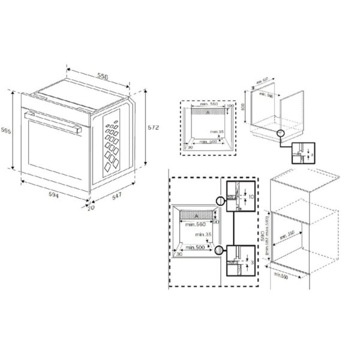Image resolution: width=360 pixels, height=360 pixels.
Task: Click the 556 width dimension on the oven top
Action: [x=103, y=77]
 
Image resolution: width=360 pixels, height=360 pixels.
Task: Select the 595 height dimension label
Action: [x=5, y=130]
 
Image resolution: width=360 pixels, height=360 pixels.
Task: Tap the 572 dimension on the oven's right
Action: [x=153, y=129]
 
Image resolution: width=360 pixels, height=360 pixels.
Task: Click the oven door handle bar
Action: [x=53, y=120]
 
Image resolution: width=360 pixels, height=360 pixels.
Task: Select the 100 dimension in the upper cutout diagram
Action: [x=229, y=106]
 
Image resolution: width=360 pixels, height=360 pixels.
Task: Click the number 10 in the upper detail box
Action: [x=251, y=197]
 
